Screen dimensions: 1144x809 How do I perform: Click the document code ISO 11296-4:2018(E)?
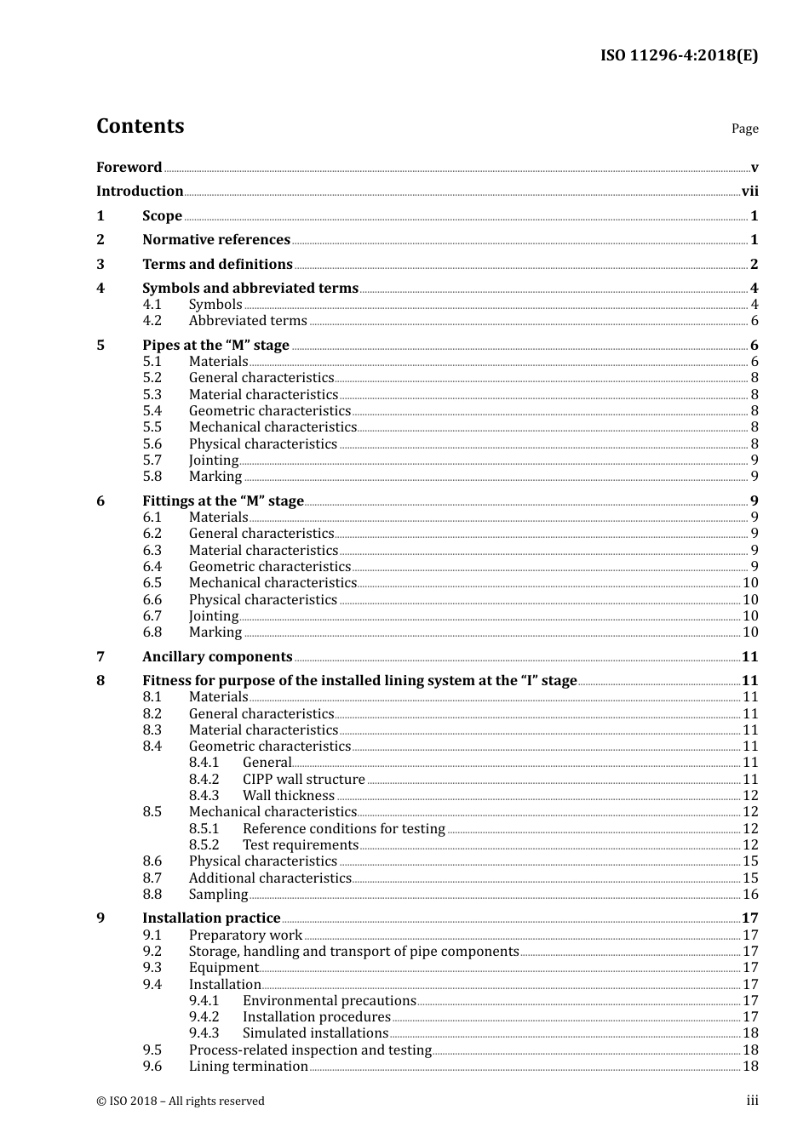[x=679, y=56]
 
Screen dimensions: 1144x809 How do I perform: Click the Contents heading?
[x=140, y=126]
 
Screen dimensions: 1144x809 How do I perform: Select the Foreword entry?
[x=129, y=168]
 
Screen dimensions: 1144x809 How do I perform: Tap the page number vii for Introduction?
[x=749, y=192]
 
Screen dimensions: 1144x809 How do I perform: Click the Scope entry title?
[x=162, y=216]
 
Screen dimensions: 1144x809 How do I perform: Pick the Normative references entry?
[x=215, y=240]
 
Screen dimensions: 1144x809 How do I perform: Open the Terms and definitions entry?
[x=217, y=265]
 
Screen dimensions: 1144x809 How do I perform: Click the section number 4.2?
[x=152, y=321]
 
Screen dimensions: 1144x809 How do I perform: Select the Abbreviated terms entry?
[x=248, y=321]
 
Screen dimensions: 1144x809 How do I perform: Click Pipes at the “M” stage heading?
[x=215, y=346]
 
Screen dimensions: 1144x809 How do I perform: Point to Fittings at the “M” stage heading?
[x=222, y=501]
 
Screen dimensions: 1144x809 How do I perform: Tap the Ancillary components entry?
[x=217, y=657]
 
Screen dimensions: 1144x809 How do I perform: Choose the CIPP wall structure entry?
[x=303, y=780]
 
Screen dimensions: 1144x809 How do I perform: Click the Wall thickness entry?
[x=288, y=796]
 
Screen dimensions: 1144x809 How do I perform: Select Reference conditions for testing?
[x=343, y=829]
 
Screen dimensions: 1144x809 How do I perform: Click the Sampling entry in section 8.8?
[x=218, y=895]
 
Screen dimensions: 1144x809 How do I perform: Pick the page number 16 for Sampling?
[x=750, y=895]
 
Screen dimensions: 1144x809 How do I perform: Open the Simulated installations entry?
[x=315, y=1033]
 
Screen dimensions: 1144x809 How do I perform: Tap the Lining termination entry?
[x=248, y=1067]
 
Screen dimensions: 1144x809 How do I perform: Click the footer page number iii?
[x=752, y=1101]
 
